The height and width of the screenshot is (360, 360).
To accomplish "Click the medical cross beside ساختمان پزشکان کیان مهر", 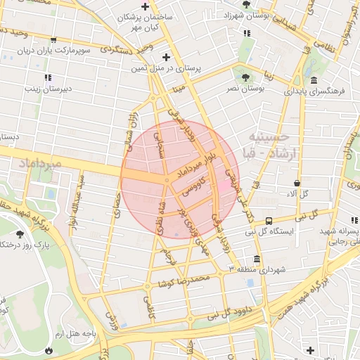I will (x=144, y=6).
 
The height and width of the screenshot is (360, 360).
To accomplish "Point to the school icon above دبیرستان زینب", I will (x=47, y=77).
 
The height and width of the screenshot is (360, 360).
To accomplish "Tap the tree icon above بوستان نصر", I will (x=245, y=78).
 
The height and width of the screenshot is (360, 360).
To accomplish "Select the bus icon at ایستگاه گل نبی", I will (x=269, y=220).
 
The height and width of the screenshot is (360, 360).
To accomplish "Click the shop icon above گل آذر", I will (x=297, y=184).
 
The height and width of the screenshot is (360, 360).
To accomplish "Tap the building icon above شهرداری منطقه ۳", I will (x=256, y=257).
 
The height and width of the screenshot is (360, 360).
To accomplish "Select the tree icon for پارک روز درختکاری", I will (x=20, y=233).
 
